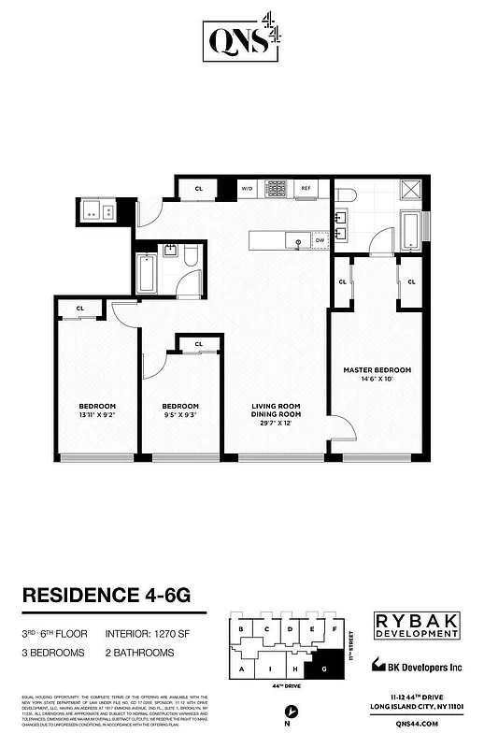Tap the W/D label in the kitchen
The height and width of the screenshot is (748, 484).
(248, 188)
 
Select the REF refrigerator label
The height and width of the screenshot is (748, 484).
(306, 188)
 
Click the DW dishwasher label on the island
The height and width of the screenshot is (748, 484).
(320, 239)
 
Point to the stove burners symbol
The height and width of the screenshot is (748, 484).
(276, 188)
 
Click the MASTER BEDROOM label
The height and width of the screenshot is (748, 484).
(377, 370)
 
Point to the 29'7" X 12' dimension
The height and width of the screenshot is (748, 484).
(276, 424)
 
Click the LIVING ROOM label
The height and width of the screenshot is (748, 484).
(276, 405)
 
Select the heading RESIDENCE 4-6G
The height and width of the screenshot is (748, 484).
(111, 596)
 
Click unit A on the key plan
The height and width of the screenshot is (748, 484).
(242, 670)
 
